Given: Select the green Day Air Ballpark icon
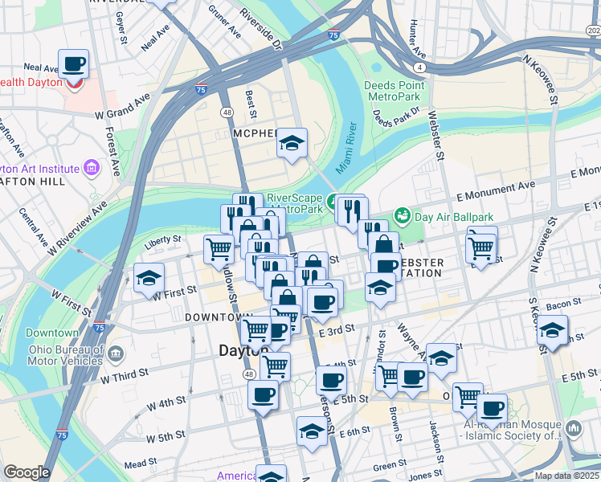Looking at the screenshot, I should tap(402, 215).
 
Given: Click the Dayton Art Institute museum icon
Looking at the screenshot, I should tap(91, 168).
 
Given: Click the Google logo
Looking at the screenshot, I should tap(27, 472).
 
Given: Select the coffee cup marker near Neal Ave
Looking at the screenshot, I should tap(73, 63).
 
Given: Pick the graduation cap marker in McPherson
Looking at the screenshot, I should tap(292, 143).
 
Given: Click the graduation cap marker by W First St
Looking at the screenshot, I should tap(149, 277).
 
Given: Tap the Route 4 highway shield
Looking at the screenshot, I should tap(419, 67).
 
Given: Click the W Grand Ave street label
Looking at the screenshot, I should tap(121, 105).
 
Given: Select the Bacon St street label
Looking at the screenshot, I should tap(563, 303).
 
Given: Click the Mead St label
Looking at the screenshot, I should tap(140, 464).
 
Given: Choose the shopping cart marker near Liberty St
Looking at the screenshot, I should tap(218, 249).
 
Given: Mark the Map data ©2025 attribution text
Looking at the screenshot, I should tap(566, 476).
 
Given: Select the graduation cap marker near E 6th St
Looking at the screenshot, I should tap(311, 431).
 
